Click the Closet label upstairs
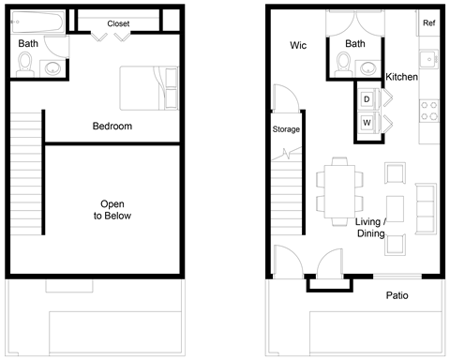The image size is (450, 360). click(x=118, y=23)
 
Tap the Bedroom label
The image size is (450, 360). click(x=112, y=127)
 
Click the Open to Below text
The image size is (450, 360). click(x=112, y=209)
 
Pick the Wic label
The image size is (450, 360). click(x=298, y=45)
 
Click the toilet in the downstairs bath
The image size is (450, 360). click(x=343, y=63)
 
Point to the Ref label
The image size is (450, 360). click(x=428, y=23)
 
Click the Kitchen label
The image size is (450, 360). click(x=401, y=77)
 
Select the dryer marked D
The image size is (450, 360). click(x=367, y=98)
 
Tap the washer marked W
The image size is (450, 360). click(x=367, y=122)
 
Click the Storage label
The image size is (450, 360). click(x=286, y=129)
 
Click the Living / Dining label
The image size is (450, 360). click(x=378, y=227)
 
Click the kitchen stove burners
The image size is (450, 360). click(x=433, y=111)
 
